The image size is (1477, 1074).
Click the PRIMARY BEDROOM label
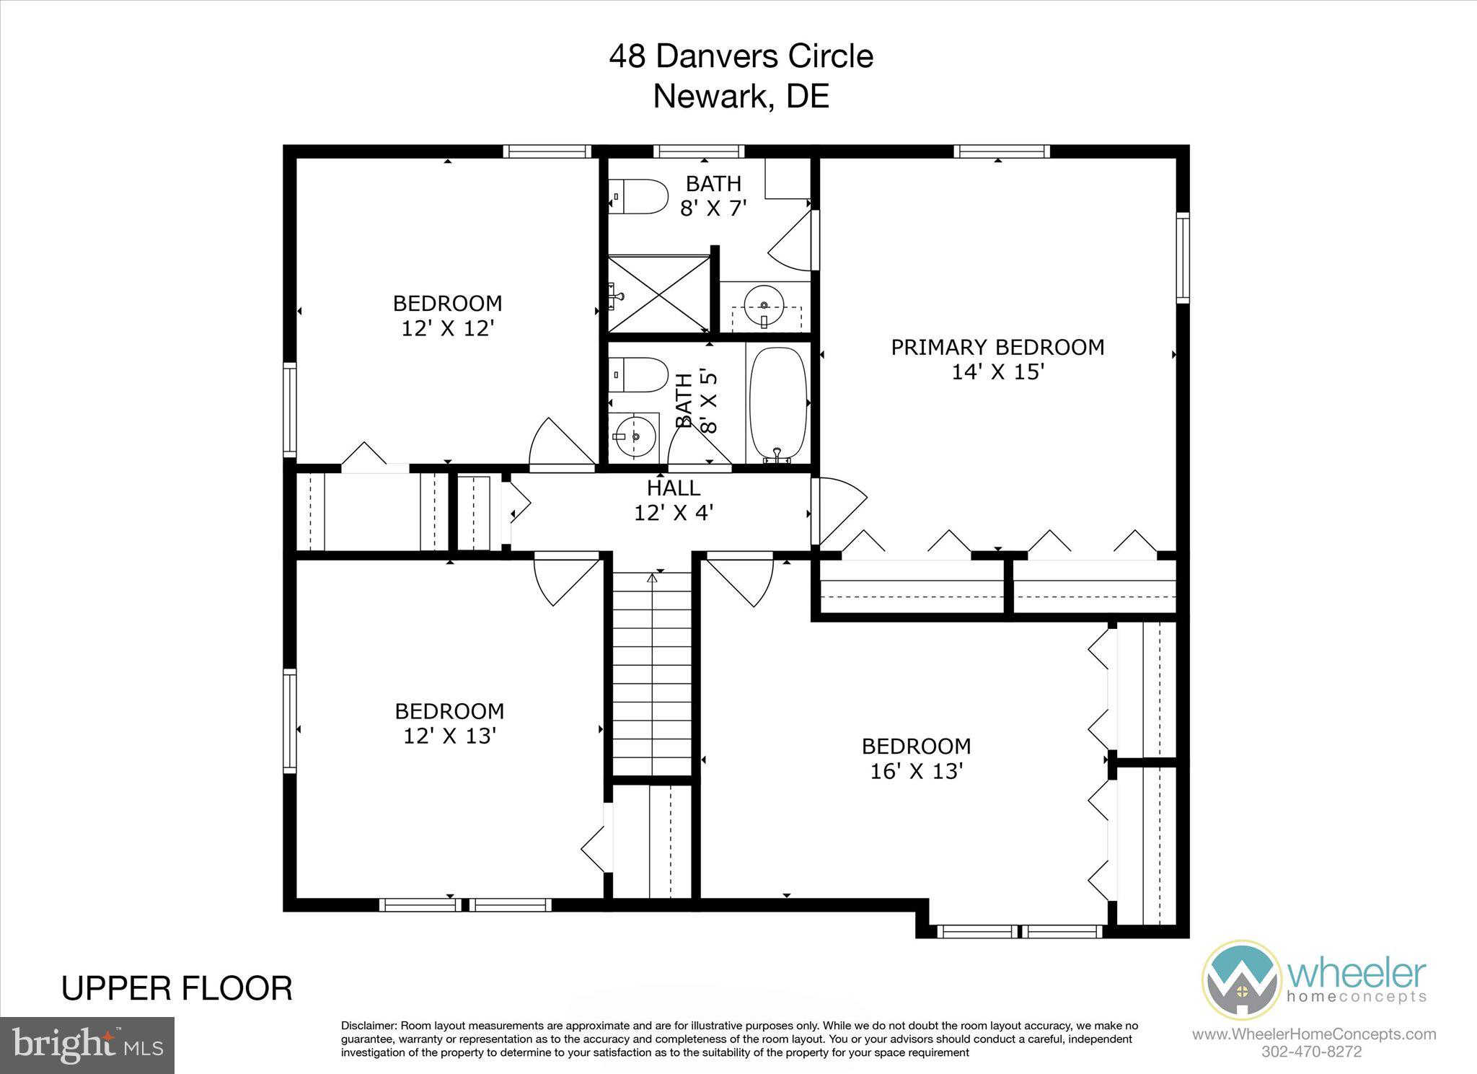tap(997, 348)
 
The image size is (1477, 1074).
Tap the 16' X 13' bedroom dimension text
tap(917, 771)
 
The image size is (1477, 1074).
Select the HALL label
tap(673, 488)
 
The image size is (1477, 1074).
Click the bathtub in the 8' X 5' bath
tap(778, 405)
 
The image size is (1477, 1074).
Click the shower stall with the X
tap(659, 296)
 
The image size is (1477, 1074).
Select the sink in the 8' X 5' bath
tap(634, 436)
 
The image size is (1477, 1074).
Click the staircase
tap(652, 671)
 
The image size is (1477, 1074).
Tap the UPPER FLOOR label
tap(177, 988)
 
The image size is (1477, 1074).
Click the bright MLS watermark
tap(87, 1044)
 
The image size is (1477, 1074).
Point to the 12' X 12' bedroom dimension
tap(447, 328)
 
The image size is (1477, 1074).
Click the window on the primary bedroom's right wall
tap(1183, 257)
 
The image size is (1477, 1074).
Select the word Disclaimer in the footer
tap(368, 1026)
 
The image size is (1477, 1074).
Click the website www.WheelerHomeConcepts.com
tap(1313, 1034)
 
